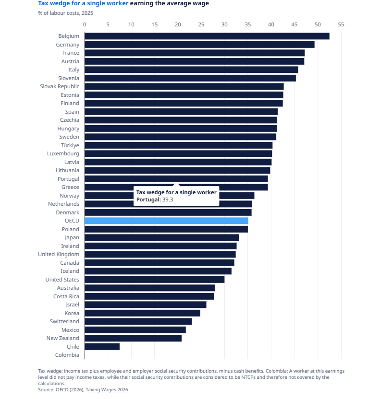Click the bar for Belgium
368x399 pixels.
click(x=207, y=36)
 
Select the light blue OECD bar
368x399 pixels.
click(x=166, y=221)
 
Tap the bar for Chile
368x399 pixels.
click(x=102, y=347)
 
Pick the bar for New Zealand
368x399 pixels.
click(x=133, y=338)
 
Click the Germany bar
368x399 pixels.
click(x=199, y=45)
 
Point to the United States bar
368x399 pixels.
click(x=155, y=280)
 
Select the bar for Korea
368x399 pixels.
click(x=143, y=313)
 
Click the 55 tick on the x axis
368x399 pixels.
click(x=341, y=24)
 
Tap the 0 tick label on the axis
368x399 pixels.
click(x=85, y=24)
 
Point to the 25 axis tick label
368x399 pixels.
click(x=201, y=24)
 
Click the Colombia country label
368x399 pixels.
click(x=67, y=355)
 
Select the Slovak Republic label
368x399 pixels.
click(x=60, y=86)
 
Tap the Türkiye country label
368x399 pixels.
click(x=70, y=145)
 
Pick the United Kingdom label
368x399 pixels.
click(x=59, y=254)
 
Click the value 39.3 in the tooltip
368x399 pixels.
click(x=168, y=199)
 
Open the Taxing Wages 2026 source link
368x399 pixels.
click(x=108, y=389)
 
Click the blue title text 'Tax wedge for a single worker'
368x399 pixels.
click(x=83, y=3)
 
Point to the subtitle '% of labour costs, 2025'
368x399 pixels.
click(x=66, y=13)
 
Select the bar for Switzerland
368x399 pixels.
click(x=138, y=321)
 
